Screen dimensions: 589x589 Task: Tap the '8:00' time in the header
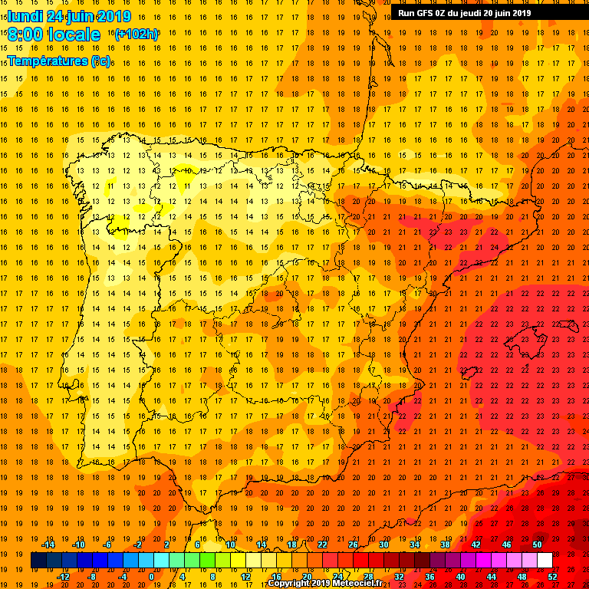(x=25, y=35)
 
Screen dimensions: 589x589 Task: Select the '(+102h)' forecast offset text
(x=136, y=34)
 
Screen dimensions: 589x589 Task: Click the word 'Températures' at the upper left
(x=48, y=61)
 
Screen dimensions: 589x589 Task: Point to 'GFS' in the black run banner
(x=426, y=12)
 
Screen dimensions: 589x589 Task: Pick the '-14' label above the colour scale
(x=48, y=545)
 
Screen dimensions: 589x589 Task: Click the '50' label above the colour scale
(x=537, y=545)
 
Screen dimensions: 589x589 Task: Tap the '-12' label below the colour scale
(x=63, y=577)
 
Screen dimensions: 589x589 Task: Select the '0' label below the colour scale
(x=151, y=577)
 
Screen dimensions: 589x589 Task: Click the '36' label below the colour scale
(x=429, y=577)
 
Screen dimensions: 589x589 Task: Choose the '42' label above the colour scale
(x=475, y=545)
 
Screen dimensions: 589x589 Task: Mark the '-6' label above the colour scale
(x=108, y=545)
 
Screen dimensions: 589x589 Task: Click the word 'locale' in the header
(x=74, y=35)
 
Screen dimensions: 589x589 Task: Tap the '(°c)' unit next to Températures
(x=100, y=61)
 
